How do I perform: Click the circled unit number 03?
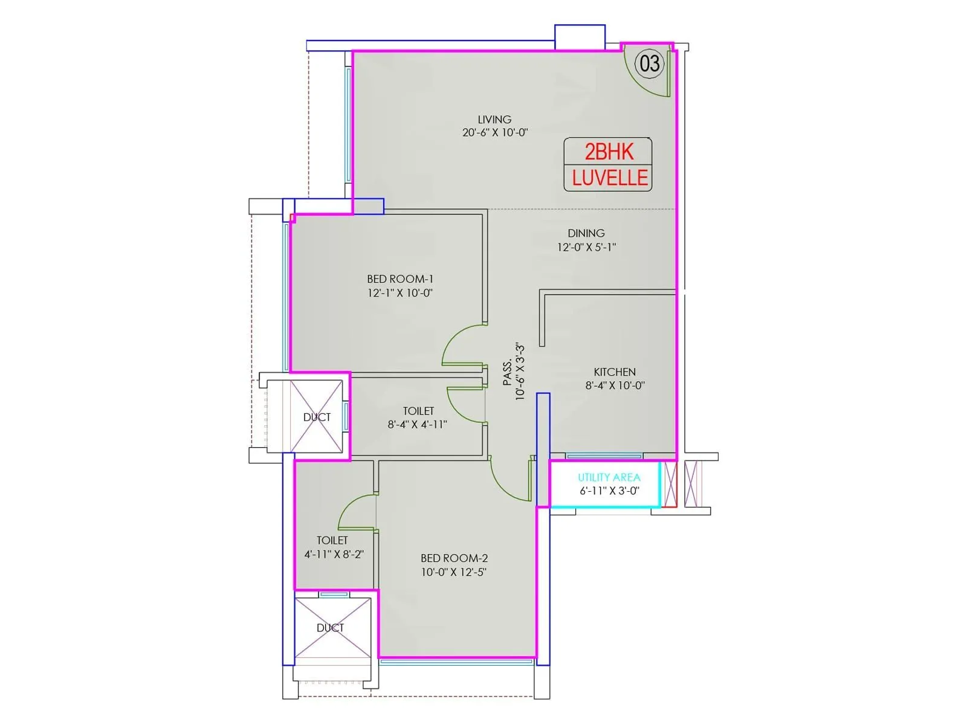[649, 63]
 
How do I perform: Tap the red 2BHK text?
[609, 152]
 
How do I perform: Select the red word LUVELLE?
[610, 178]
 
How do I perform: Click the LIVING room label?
[495, 119]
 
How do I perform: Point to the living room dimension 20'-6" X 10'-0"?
[495, 132]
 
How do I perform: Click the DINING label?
[586, 233]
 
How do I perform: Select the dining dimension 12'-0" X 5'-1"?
[586, 247]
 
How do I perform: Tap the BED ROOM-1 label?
[400, 279]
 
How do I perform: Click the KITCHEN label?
[615, 372]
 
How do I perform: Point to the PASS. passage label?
[508, 372]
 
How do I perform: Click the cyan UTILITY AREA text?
[609, 477]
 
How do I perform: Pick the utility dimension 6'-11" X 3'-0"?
[609, 491]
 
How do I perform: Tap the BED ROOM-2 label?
[454, 558]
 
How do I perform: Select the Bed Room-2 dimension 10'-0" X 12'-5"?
[454, 572]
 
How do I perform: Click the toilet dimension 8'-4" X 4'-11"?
[417, 425]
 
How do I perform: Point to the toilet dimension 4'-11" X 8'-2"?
[334, 554]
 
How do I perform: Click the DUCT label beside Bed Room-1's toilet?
[317, 417]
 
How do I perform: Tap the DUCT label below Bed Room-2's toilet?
[330, 628]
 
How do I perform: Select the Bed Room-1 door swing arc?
[450, 339]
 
